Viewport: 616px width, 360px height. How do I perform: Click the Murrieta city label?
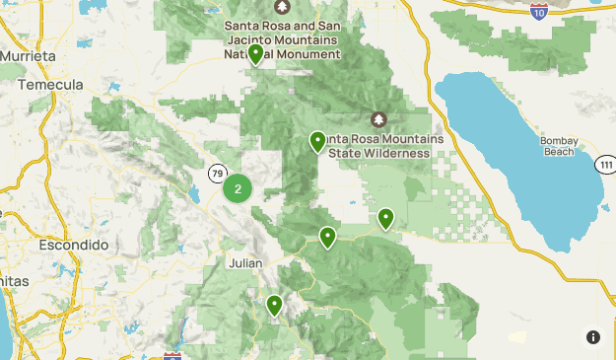29,56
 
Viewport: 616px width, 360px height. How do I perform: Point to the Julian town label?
244,263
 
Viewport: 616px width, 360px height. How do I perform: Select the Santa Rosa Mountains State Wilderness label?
379,145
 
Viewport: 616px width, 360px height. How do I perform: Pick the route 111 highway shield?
605,165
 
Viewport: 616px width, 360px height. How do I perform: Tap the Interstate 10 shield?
538,12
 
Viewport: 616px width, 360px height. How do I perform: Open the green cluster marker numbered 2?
238,187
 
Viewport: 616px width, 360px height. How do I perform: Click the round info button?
592,336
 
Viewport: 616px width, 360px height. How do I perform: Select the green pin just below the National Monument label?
255,54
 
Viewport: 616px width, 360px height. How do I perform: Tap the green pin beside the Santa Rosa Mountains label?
317,142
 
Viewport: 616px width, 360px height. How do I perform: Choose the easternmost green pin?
386,218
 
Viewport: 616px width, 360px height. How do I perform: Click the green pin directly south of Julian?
274,306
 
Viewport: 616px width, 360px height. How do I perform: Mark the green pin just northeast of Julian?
327,237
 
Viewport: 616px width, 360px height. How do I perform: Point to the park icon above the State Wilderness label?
379,119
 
